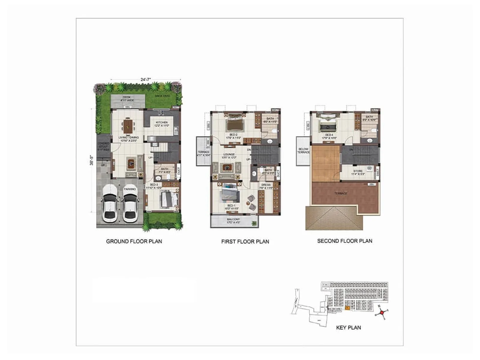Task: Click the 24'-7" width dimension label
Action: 146,79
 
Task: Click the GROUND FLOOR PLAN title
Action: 134,241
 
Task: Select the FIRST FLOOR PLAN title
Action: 245,241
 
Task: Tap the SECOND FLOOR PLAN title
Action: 345,241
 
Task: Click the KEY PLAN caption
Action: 348,328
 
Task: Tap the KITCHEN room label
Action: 162,122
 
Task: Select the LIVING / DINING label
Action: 129,137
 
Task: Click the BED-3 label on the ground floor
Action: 154,184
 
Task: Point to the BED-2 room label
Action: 233,135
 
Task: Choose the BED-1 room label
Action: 231,206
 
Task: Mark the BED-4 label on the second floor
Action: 329,135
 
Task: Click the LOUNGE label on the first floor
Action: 229,154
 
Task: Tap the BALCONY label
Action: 233,219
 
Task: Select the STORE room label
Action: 358,171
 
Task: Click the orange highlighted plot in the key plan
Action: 347,308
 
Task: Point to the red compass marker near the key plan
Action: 382,312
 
